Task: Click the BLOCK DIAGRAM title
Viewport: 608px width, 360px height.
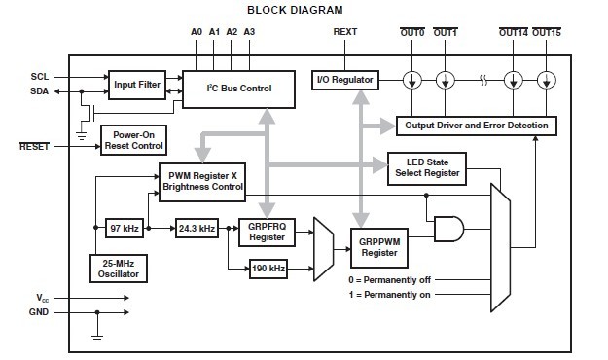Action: (x=295, y=10)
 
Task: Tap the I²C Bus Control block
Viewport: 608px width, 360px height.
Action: (x=238, y=89)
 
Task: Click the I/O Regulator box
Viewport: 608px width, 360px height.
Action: (x=342, y=79)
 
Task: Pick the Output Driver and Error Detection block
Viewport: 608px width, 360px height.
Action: (x=478, y=126)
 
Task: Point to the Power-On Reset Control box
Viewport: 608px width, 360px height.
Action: (x=132, y=140)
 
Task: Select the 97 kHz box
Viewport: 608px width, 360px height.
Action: (x=125, y=229)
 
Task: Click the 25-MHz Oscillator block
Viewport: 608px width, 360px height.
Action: (x=120, y=269)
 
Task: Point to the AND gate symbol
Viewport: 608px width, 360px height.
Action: (x=449, y=229)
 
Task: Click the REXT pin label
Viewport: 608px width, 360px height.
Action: (x=345, y=32)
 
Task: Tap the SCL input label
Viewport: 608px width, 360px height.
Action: (x=40, y=76)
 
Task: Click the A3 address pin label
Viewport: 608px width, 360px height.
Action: (x=248, y=32)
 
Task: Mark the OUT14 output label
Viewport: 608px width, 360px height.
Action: (x=514, y=32)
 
